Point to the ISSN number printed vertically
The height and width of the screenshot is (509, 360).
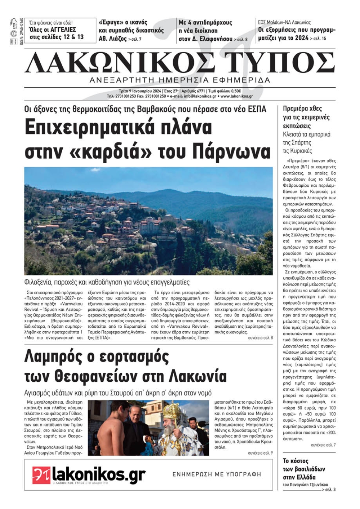22,31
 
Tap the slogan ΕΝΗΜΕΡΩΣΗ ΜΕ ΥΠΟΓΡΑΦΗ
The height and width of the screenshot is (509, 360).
217,474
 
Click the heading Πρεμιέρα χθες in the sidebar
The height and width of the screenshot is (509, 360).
302,109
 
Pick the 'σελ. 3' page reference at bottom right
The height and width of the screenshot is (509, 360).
330,490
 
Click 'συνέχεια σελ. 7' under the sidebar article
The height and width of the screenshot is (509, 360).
323,445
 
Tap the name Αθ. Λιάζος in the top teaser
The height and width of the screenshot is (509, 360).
113,38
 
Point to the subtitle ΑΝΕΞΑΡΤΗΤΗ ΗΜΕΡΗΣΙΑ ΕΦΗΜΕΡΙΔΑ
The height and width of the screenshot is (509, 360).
180,80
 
